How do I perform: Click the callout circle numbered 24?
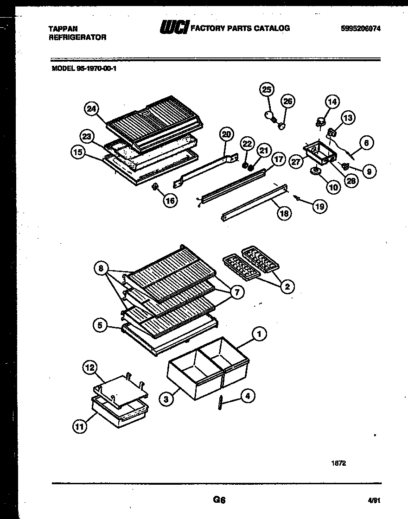92,109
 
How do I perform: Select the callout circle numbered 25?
267,89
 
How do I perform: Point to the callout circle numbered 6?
366,144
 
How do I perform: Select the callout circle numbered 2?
287,287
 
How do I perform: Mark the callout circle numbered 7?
236,292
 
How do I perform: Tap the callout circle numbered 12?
90,368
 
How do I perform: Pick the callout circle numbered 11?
80,426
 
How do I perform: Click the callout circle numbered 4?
248,396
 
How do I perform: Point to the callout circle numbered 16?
171,201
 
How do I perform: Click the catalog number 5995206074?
360,28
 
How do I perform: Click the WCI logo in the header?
174,28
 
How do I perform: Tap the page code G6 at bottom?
219,500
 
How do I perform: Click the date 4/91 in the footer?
373,501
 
